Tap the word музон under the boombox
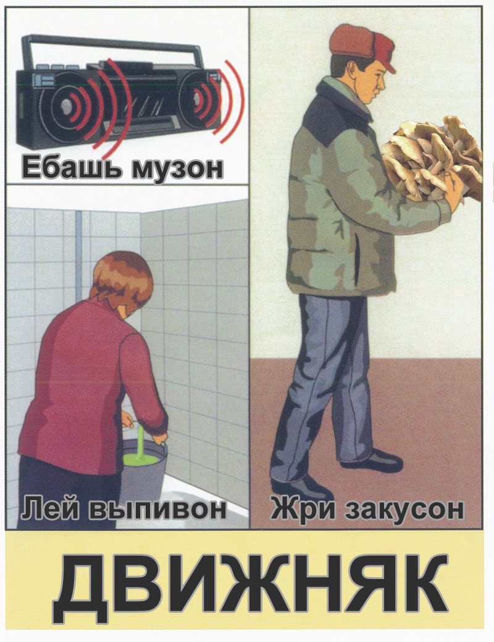point(178,169)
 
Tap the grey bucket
point(143,471)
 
